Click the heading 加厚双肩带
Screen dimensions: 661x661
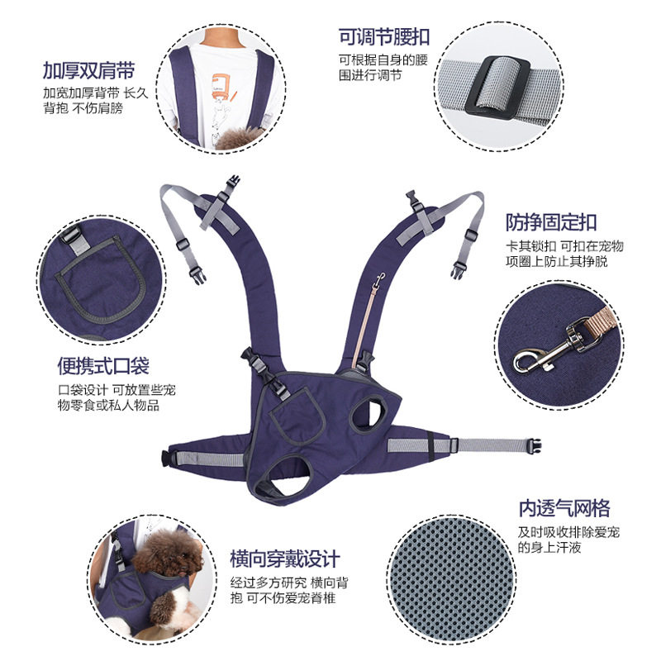[88, 70]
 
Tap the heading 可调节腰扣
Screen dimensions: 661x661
[384, 37]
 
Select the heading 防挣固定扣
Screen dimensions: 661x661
[551, 222]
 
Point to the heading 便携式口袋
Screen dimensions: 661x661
[103, 365]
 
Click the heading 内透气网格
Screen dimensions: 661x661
[564, 508]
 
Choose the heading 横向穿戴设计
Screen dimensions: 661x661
[285, 559]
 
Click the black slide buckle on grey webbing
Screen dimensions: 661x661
[497, 88]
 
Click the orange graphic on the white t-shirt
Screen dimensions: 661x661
[221, 87]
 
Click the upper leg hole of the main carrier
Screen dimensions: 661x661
[369, 414]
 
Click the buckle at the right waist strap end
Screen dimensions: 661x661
[533, 445]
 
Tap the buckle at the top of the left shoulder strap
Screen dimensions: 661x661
[233, 182]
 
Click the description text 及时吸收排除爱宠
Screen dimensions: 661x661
[568, 532]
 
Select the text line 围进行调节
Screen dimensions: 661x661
[370, 75]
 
